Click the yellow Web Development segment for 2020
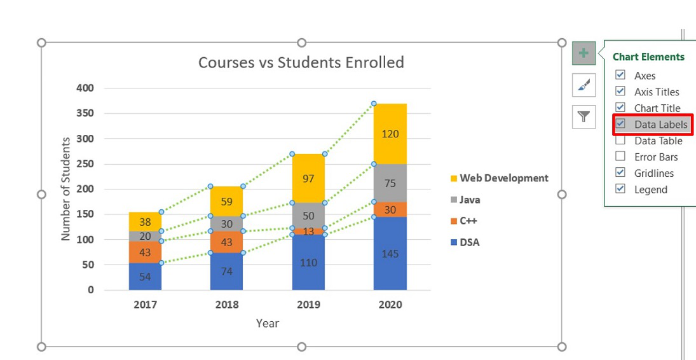point(390,134)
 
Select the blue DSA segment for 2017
point(145,277)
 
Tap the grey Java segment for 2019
point(308,216)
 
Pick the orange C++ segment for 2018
point(227,242)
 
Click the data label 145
point(390,254)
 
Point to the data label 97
point(308,179)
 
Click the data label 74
point(227,271)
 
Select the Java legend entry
point(465,200)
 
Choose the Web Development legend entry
point(500,178)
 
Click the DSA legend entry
point(465,242)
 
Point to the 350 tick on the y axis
point(85,113)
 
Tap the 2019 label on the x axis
point(308,305)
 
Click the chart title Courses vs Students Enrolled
point(301,62)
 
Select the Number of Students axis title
point(65,189)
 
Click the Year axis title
point(267,323)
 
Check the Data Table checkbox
point(620,140)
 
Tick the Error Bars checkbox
point(620,156)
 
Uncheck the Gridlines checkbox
point(620,172)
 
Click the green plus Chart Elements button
point(583,53)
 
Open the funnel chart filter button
point(583,117)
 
